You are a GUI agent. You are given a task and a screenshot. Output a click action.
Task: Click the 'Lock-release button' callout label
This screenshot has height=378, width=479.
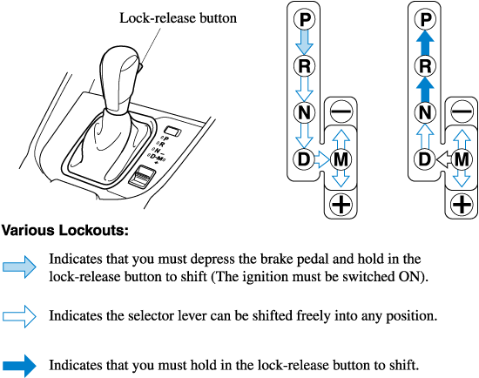click(x=178, y=18)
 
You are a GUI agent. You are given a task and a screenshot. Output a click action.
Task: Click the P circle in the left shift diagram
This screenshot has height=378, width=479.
click(x=304, y=19)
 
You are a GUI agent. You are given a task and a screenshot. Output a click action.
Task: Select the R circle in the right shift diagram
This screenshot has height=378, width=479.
click(x=425, y=65)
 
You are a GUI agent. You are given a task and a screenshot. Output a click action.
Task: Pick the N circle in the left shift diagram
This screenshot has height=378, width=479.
click(x=304, y=112)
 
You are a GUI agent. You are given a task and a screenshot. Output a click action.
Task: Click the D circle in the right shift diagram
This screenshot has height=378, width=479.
click(x=425, y=159)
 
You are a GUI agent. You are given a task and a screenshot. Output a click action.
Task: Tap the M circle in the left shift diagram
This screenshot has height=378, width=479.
click(x=341, y=159)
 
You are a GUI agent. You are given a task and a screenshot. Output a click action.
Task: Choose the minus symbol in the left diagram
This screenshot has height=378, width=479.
click(x=341, y=111)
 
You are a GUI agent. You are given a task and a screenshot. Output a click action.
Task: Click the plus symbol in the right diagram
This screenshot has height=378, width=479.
click(x=462, y=204)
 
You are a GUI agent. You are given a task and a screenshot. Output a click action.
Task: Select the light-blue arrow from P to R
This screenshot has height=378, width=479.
click(x=304, y=43)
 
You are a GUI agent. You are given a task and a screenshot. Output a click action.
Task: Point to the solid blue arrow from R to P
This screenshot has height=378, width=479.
click(x=425, y=43)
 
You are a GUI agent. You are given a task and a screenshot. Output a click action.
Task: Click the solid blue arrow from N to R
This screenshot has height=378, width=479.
click(x=425, y=89)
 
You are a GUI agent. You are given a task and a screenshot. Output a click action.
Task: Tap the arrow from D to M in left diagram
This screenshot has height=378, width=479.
click(x=322, y=159)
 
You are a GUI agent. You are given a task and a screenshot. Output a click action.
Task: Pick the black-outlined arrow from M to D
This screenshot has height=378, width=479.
click(x=443, y=159)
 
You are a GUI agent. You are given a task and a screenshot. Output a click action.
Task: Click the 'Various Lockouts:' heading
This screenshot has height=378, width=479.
click(x=65, y=231)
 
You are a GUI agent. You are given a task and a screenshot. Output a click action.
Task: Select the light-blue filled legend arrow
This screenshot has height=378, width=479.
click(x=19, y=267)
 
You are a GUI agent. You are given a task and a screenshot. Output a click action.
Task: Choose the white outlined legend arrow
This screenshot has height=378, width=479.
click(x=19, y=316)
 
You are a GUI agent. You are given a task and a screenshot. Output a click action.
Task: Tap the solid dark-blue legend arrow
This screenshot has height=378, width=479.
click(x=19, y=366)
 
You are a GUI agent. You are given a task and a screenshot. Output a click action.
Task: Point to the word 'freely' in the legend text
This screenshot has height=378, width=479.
click(x=314, y=315)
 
